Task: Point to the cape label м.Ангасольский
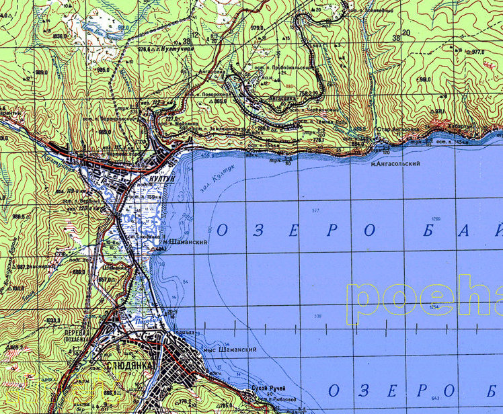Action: (395, 164)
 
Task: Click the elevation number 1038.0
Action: (61, 36)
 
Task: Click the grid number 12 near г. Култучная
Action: (196, 34)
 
